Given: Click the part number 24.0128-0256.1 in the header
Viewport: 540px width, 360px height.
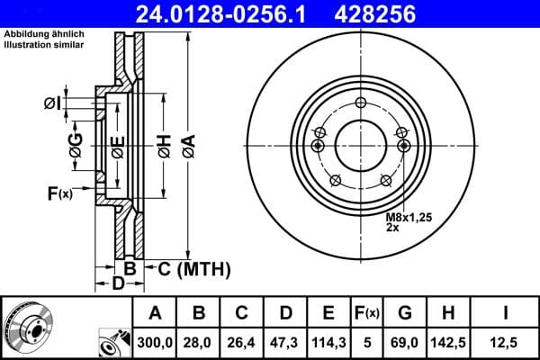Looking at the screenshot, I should point(229,14).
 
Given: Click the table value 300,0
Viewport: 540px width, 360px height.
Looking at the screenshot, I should point(156,341).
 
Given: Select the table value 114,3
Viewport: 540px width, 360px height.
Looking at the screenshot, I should point(328,341).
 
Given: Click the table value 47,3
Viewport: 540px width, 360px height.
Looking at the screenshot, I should point(285,341).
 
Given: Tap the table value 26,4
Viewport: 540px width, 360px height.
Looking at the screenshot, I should point(242,341).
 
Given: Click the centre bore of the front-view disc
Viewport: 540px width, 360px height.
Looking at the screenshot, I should point(360,144).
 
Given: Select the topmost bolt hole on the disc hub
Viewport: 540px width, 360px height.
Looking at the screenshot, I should point(360,103).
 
